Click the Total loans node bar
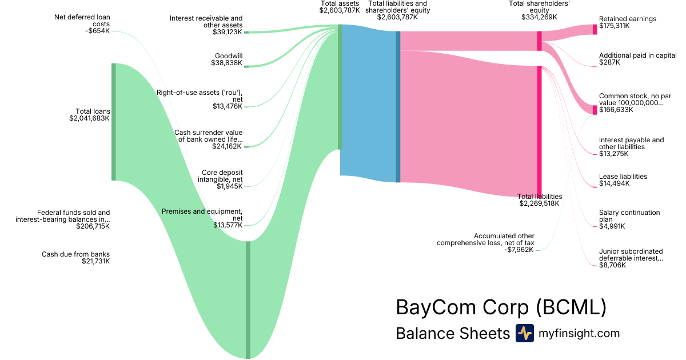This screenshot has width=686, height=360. tap(113, 122)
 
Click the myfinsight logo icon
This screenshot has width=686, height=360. tap(524, 333)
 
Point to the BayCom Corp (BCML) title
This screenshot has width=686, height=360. tap(500, 307)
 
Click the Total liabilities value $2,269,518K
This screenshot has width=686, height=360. tap(539, 203)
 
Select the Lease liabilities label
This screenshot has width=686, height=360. tap(623, 177)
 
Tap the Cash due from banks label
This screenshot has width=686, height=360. tap(75, 254)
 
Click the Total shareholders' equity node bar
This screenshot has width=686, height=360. tap(539, 41)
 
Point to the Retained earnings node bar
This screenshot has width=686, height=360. tap(595, 30)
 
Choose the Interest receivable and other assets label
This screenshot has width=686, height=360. tap(206, 22)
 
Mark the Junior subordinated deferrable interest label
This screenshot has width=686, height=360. tap(631, 254)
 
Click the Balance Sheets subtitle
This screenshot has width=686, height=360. tap(452, 334)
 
